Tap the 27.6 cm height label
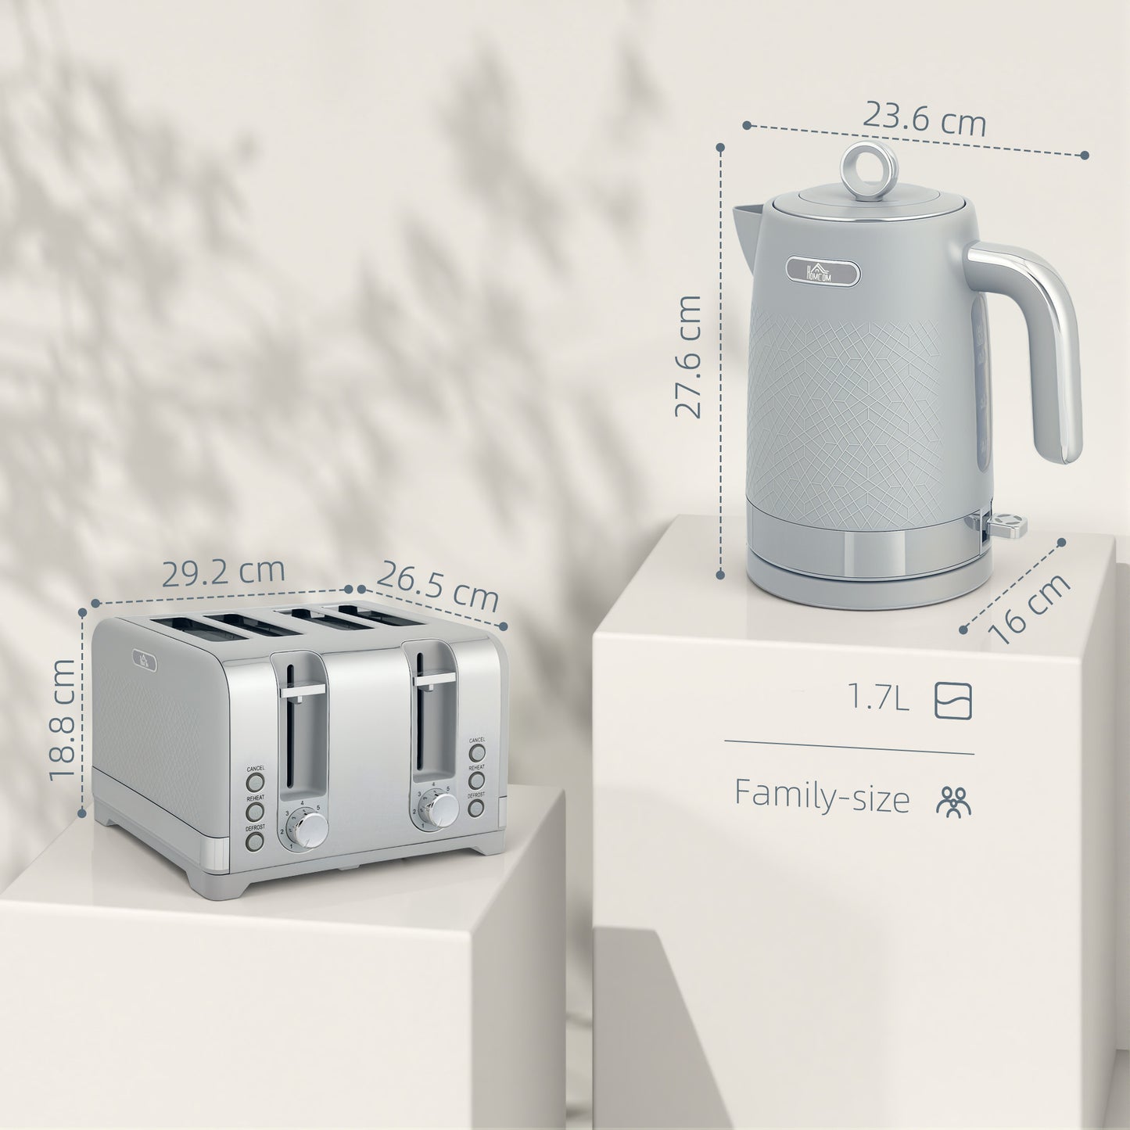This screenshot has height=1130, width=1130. coord(689,356)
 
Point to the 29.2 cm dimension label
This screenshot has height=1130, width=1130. coord(223,572)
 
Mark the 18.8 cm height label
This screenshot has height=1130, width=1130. coord(63,719)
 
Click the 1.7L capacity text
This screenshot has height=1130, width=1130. coord(879,698)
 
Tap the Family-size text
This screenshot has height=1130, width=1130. coord(822,796)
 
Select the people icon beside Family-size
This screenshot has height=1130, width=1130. coord(953,801)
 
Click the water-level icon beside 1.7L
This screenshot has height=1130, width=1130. coord(953,700)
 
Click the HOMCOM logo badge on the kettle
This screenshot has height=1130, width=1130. coord(823,271)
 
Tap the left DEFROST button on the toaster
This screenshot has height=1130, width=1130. coord(254,841)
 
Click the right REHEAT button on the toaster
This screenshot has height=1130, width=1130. coord(476,780)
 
